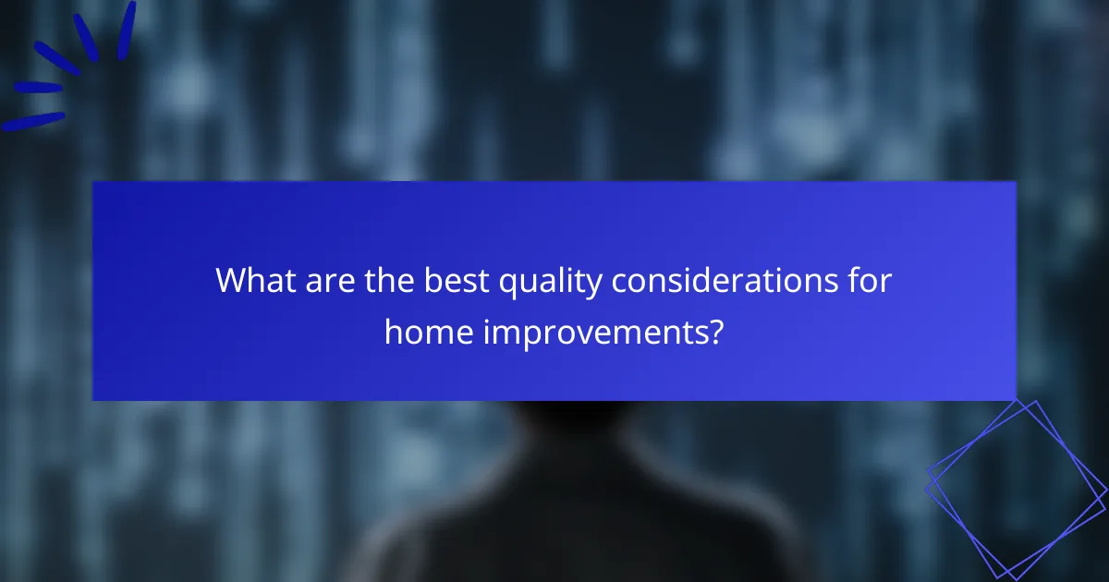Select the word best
(x=457, y=280)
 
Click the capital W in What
(x=231, y=280)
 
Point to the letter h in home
(x=392, y=331)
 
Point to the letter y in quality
(x=596, y=285)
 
